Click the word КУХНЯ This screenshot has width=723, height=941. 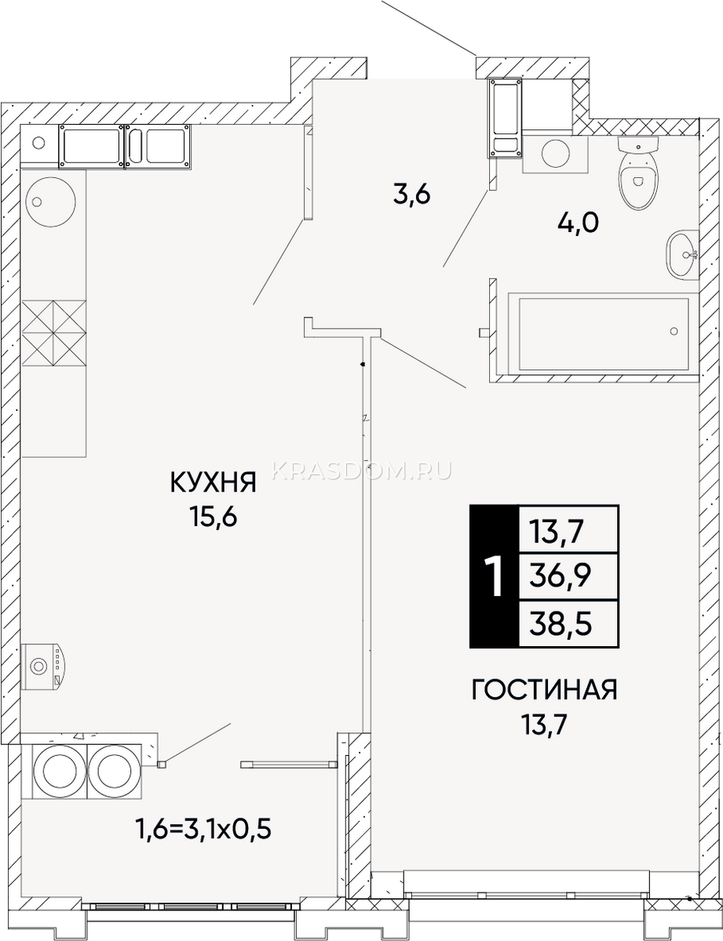pos(214,482)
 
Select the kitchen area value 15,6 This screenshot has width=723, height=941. pos(214,516)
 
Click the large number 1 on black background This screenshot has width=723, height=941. pos(494,576)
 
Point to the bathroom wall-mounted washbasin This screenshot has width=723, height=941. pos(683,255)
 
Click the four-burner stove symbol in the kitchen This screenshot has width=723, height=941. pos(53,333)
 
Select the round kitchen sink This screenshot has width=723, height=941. pos(51,202)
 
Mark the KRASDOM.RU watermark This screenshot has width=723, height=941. pos(362,470)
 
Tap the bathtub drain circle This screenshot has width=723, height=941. pos(674,331)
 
